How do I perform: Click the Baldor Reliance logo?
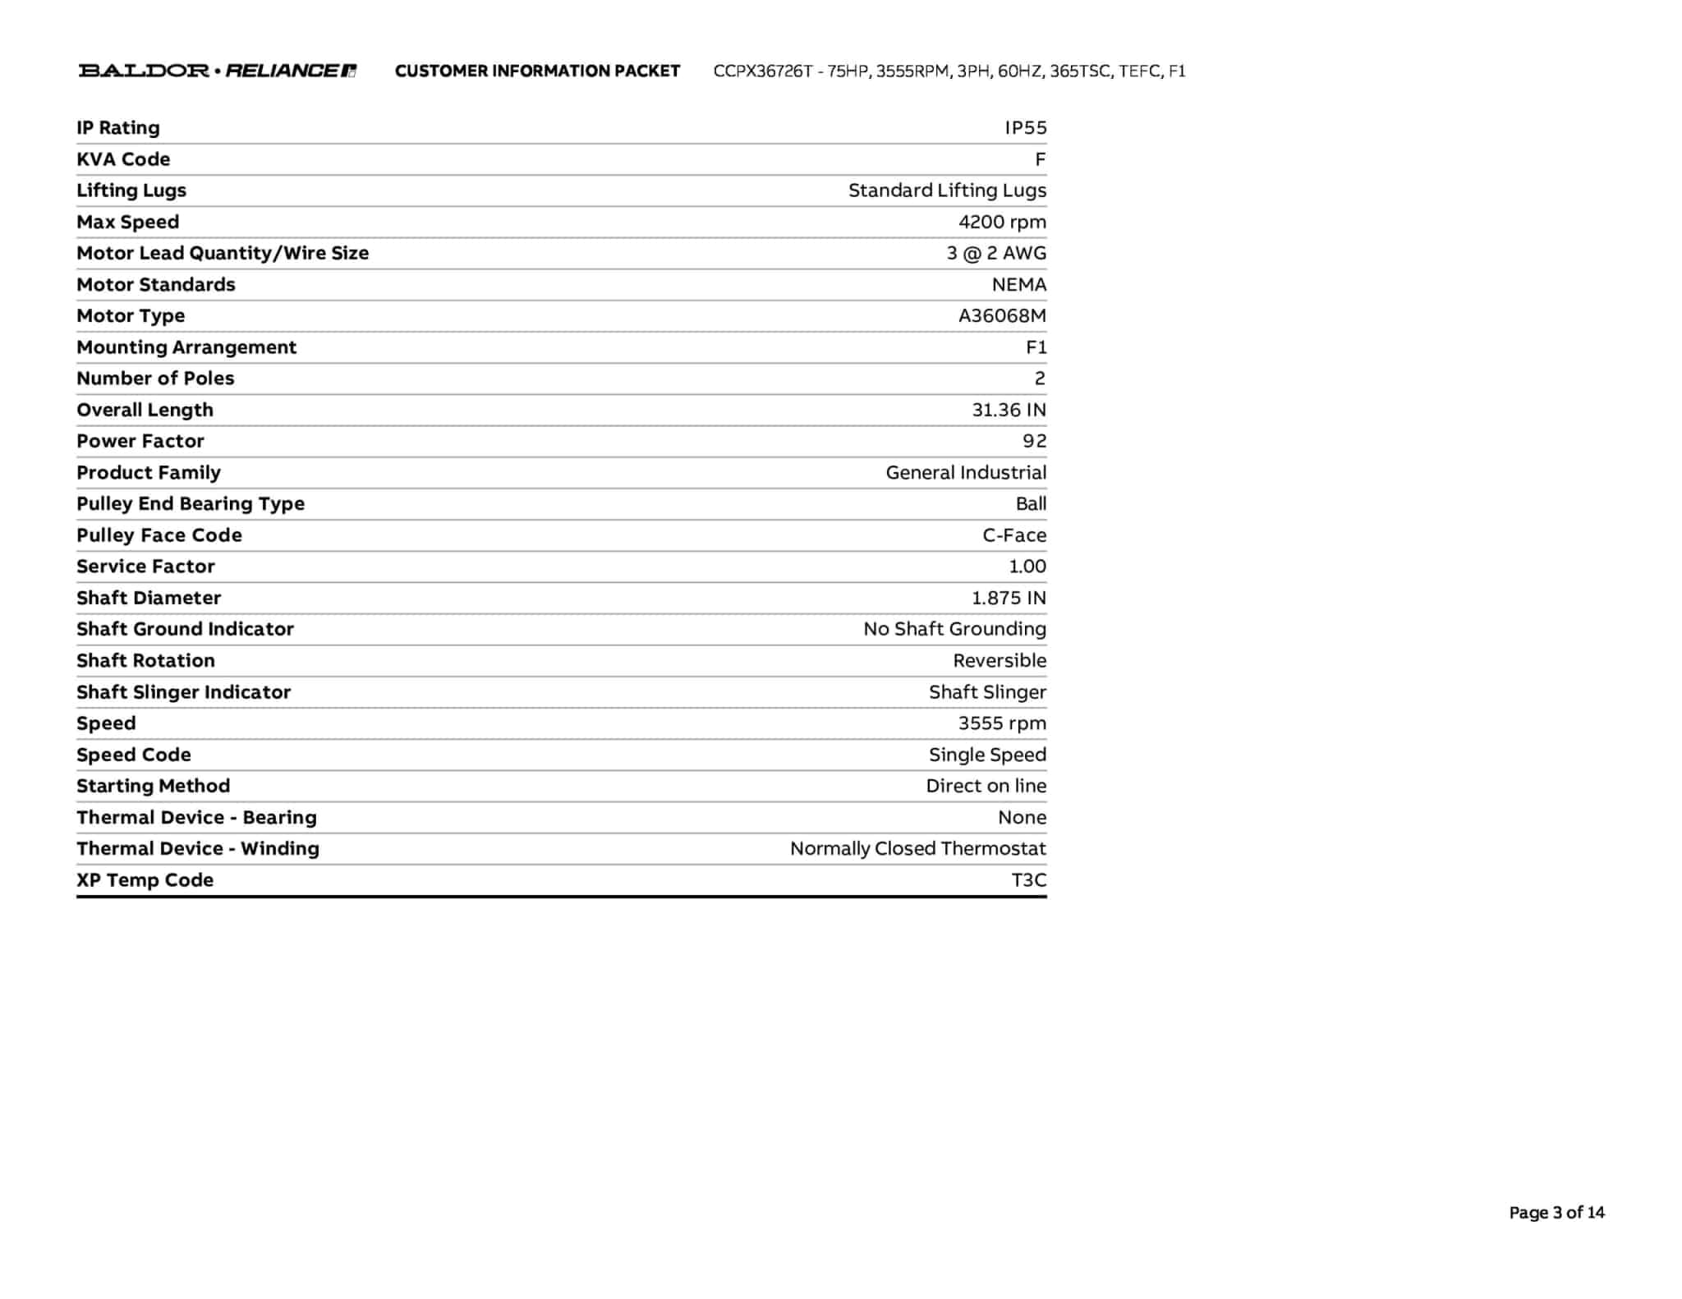[218, 71]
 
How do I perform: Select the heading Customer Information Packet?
[537, 71]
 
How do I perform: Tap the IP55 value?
[1026, 128]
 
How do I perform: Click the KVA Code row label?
[123, 159]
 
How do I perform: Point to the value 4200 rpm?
[1002, 222]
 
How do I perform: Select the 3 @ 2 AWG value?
[996, 253]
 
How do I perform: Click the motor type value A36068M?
[1002, 316]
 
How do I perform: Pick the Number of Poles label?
[155, 379]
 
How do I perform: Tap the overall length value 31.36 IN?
[1009, 410]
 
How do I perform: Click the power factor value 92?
[1034, 441]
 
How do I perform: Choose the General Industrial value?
[966, 473]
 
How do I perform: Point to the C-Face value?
[1014, 535]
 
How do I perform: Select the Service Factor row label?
[145, 567]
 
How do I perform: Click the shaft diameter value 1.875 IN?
[1009, 598]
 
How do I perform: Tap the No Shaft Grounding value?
[954, 629]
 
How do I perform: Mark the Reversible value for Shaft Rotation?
[1000, 661]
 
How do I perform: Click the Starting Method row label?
[153, 786]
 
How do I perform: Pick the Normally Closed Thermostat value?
[917, 848]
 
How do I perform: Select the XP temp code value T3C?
[1028, 880]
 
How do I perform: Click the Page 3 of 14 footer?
[1556, 1213]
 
